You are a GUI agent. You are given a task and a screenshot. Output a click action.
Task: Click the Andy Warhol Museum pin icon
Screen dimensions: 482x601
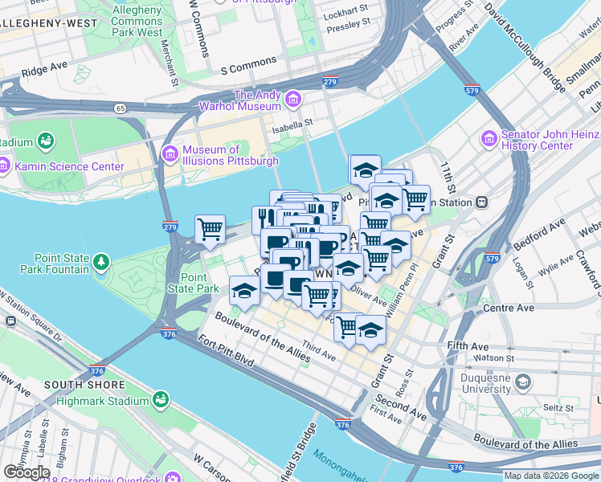[x=292, y=100]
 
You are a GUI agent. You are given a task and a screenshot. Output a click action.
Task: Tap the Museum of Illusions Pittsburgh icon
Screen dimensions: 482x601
[x=170, y=153]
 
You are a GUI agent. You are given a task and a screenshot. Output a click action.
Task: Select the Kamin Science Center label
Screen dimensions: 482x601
[x=69, y=166]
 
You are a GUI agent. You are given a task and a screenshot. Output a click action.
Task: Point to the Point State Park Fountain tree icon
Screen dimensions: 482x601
[x=100, y=262]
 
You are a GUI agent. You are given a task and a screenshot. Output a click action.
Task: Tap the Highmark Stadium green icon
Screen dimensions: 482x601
[x=161, y=399]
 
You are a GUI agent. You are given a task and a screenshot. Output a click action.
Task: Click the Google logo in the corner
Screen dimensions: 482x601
[x=27, y=472]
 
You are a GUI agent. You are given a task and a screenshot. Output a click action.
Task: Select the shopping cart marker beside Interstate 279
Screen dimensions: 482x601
[x=210, y=229]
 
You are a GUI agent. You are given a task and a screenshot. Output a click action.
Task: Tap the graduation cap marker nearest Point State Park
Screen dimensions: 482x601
[x=243, y=292]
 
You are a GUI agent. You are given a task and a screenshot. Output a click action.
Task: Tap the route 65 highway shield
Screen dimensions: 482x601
[x=120, y=107]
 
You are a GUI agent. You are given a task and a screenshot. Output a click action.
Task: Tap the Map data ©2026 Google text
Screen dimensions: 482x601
[x=550, y=476]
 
